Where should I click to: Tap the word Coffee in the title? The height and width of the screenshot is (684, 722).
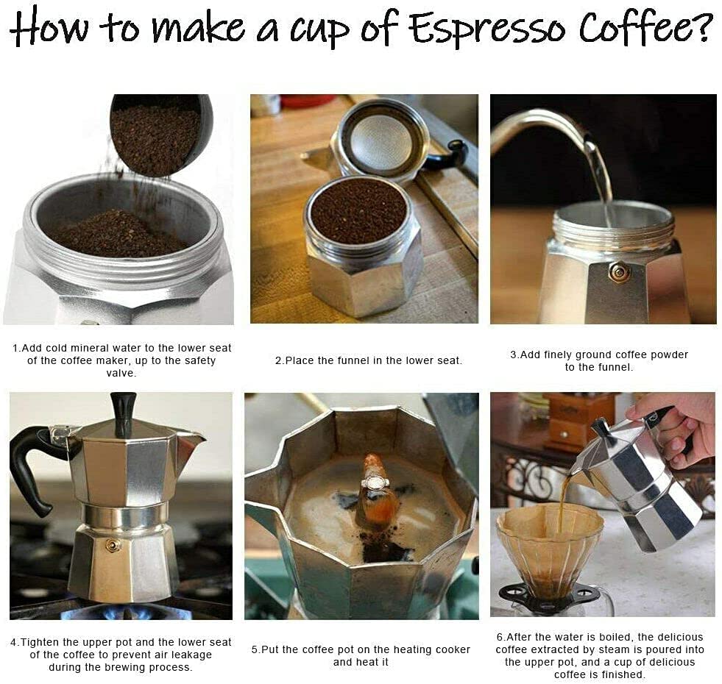point(644,28)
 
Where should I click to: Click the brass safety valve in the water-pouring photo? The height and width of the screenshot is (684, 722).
point(620,272)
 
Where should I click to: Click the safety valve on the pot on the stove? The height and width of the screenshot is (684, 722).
point(113,545)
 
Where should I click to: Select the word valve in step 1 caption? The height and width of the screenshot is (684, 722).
point(121,374)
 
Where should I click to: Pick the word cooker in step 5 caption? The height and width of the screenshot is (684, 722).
point(453,649)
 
